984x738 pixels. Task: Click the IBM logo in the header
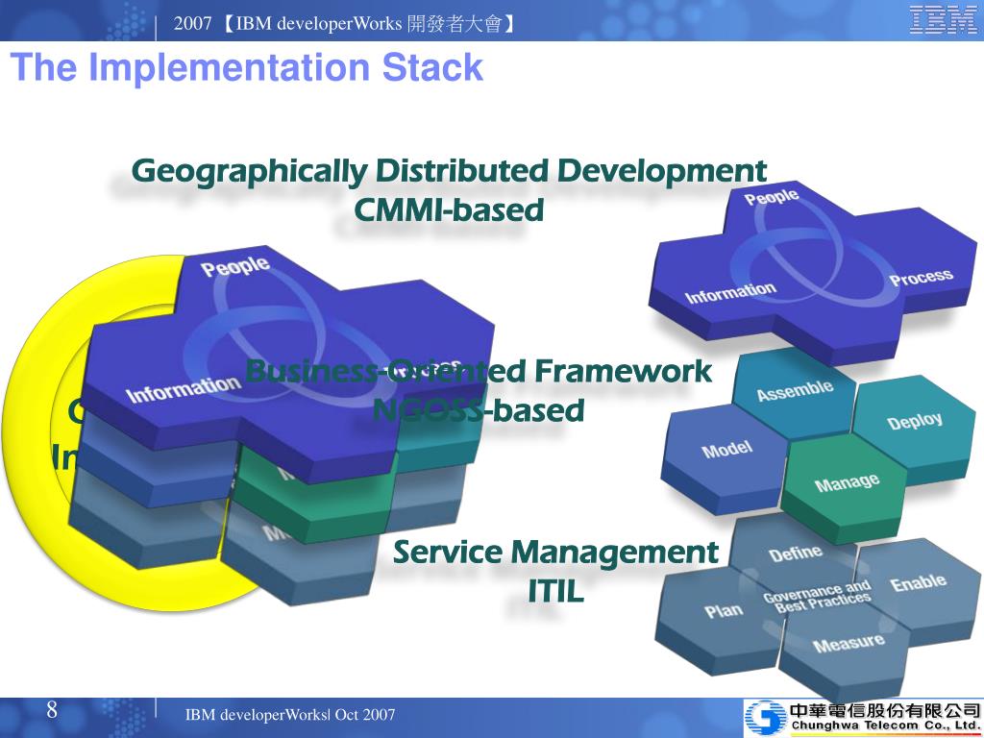click(944, 20)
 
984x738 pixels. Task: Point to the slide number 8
click(52, 711)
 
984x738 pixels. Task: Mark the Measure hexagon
click(848, 641)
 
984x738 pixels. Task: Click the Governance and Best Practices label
click(816, 596)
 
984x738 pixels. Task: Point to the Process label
click(921, 279)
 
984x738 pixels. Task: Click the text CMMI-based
click(449, 209)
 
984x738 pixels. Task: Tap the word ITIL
click(555, 591)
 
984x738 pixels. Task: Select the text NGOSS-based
click(478, 410)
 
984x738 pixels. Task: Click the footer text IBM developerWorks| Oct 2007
click(289, 715)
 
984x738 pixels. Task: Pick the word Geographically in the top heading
click(249, 170)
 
